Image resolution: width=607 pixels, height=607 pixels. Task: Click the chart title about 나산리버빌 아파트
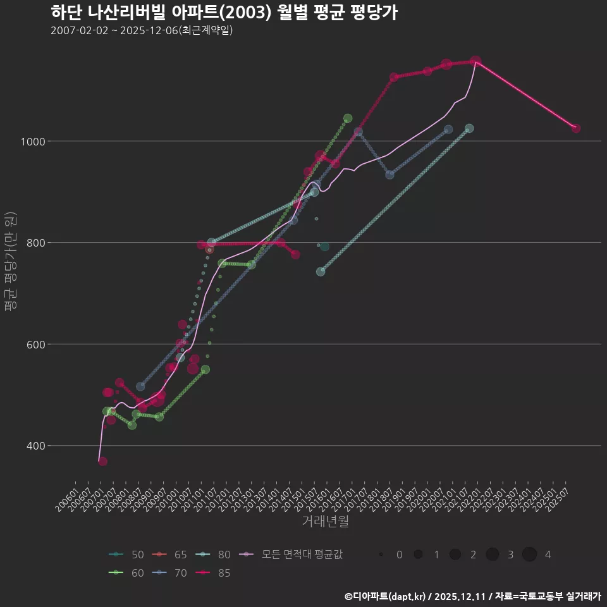tap(224, 13)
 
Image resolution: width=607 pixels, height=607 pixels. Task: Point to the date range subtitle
tap(142, 31)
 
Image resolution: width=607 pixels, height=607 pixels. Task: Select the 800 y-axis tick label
tap(57, 243)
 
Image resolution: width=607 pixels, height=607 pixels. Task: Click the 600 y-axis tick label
tap(57, 345)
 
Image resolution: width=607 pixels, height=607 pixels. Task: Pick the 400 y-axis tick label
tap(57, 446)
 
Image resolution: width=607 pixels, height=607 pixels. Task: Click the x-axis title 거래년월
tap(325, 522)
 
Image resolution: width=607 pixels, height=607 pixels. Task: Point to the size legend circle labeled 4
tap(530, 555)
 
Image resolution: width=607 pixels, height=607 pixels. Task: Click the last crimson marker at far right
tap(576, 128)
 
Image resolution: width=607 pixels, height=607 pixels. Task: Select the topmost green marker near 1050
tap(348, 118)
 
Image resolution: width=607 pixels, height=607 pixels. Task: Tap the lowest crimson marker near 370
tap(102, 461)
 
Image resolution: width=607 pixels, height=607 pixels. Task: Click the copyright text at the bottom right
tap(472, 596)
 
